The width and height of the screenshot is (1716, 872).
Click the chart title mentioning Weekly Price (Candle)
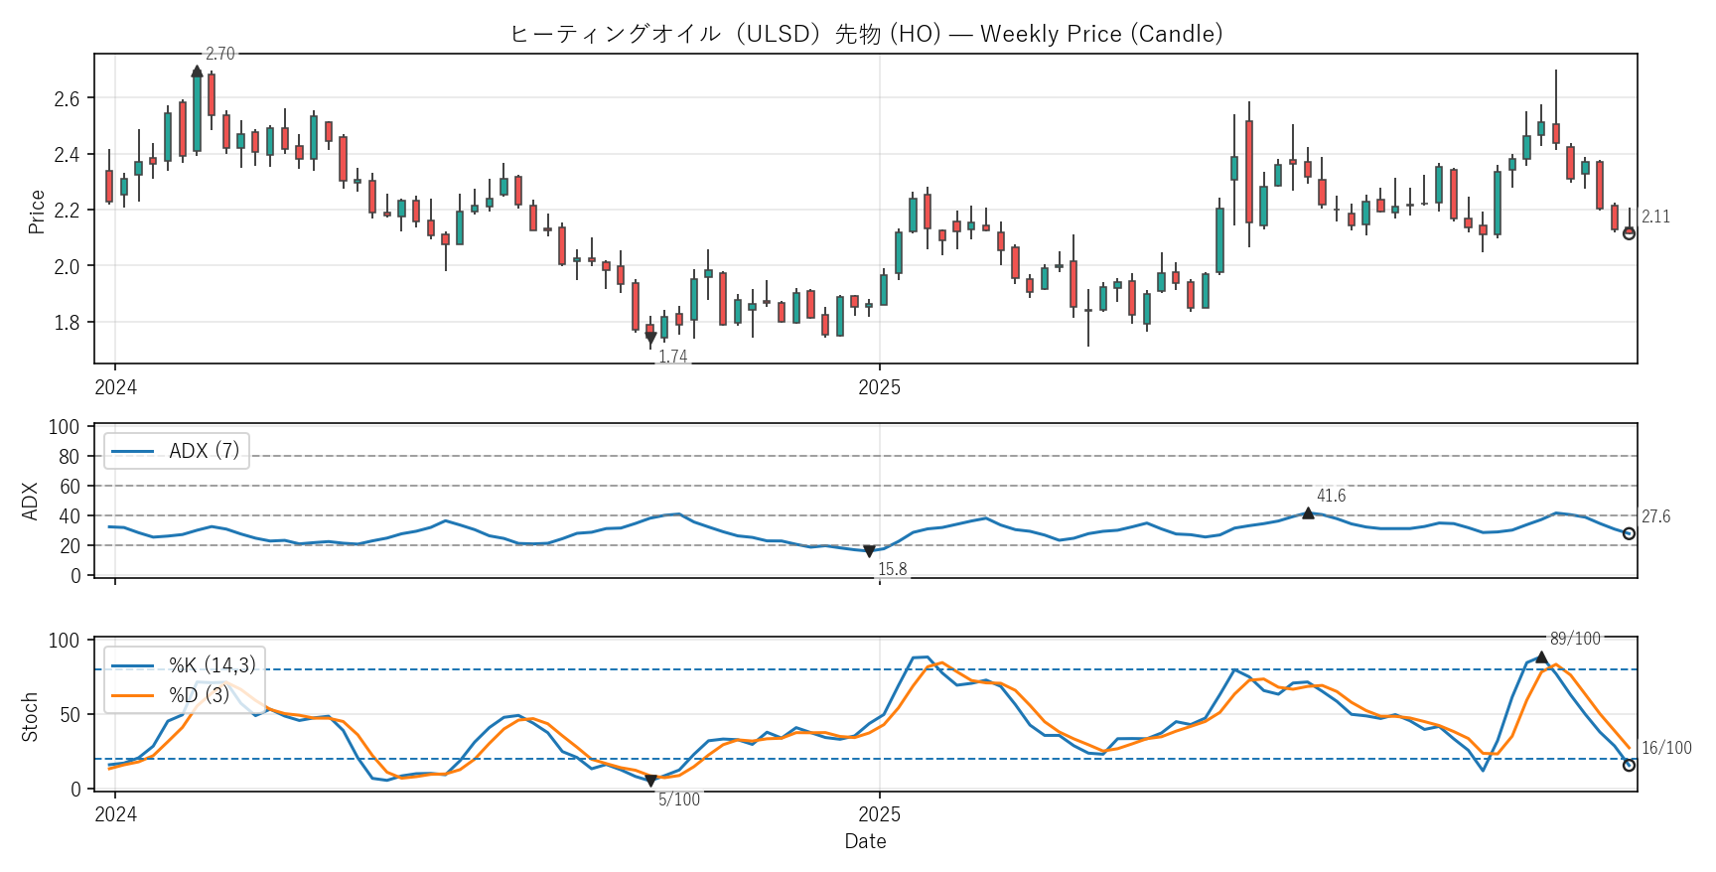click(865, 34)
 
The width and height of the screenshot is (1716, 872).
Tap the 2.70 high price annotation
click(219, 54)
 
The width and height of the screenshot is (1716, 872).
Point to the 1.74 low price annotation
click(672, 357)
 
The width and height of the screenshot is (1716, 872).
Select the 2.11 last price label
click(1655, 217)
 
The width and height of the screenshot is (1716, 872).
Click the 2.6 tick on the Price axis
click(67, 98)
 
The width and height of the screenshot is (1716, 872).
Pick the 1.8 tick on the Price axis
click(67, 323)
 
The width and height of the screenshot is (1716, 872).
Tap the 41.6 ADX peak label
click(1331, 496)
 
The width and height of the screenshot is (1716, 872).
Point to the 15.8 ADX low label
click(892, 569)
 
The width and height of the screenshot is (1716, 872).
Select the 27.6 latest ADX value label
click(1655, 516)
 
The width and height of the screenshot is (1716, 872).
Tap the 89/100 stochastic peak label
click(1575, 639)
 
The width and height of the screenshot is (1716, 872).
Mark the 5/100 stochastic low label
click(679, 799)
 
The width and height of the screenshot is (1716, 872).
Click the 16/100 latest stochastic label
click(1666, 748)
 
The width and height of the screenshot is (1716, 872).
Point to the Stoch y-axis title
click(30, 716)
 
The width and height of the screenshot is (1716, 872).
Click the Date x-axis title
click(865, 841)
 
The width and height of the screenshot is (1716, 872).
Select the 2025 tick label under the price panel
click(879, 387)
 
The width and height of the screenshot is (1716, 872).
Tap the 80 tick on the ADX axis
click(69, 457)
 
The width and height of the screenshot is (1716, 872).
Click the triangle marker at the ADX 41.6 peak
click(1308, 513)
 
